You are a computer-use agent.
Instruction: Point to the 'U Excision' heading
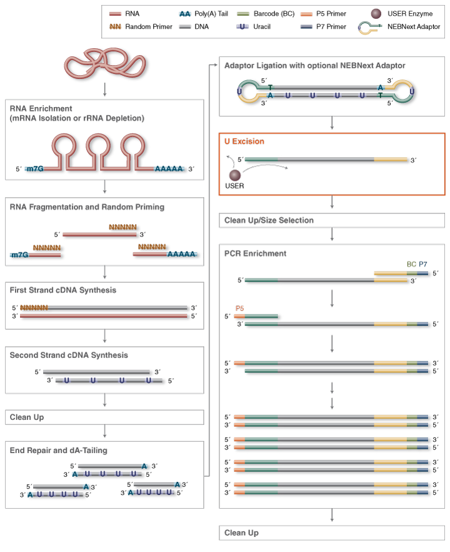click(x=244, y=141)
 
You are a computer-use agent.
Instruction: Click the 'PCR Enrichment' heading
click(x=255, y=253)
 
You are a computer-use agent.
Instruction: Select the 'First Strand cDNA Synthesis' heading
click(x=63, y=290)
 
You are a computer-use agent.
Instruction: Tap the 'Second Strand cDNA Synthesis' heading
click(x=69, y=355)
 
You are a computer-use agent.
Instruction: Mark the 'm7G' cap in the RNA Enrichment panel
click(x=35, y=169)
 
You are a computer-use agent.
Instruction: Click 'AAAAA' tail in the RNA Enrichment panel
click(x=169, y=169)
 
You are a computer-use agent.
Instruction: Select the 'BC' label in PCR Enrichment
click(x=411, y=265)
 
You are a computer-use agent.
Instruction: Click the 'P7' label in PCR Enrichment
click(x=424, y=265)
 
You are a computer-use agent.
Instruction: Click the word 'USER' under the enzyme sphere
click(x=235, y=187)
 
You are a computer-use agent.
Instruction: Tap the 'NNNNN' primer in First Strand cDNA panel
click(x=33, y=307)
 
